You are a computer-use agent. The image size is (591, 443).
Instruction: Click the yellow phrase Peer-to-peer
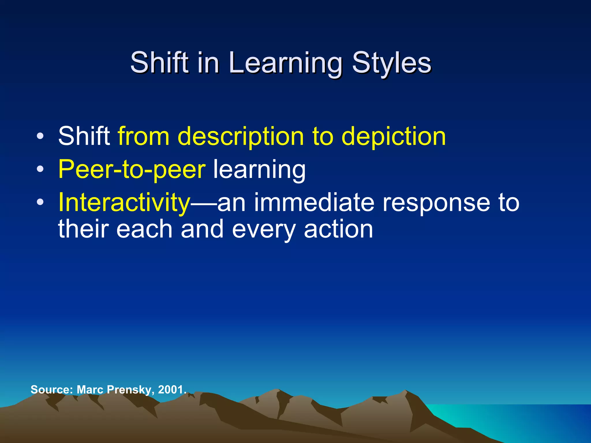coord(132,170)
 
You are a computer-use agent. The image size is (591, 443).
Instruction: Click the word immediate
coord(314,202)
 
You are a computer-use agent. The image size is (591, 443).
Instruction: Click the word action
coord(338,229)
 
